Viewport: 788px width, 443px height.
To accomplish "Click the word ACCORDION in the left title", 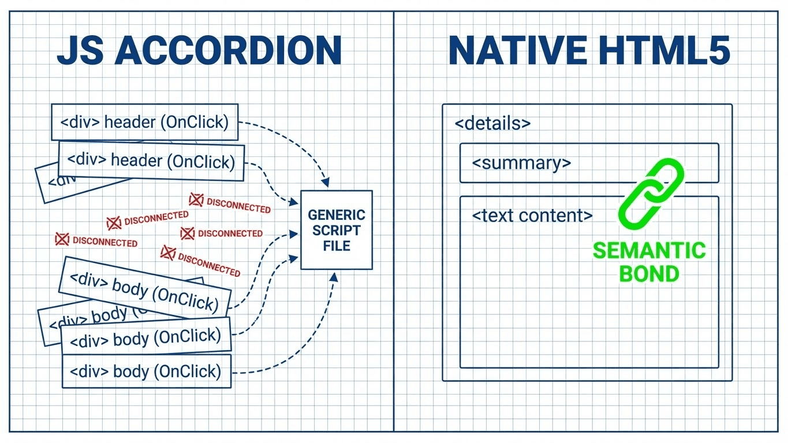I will (x=228, y=51).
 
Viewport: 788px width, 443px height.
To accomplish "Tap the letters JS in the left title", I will (x=80, y=51).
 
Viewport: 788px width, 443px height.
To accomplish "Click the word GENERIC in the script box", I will (x=337, y=215).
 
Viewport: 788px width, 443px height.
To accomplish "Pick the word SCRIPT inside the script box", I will (x=337, y=230).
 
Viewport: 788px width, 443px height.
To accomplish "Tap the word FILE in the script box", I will (x=337, y=245).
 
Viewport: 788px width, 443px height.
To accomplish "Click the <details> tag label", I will (x=492, y=123).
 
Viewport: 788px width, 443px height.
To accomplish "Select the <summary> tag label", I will (x=521, y=163).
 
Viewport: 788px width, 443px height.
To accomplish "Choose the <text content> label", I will (x=532, y=216).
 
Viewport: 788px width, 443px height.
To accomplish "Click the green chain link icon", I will (x=651, y=192).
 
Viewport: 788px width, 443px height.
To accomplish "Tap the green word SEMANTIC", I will (x=649, y=251).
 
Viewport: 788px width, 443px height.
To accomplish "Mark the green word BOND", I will (x=649, y=274).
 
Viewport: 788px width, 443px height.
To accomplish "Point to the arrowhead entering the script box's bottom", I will (x=333, y=277).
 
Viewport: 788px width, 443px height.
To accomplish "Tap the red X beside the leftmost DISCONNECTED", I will (x=61, y=239).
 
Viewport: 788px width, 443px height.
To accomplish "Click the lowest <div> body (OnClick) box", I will (x=146, y=371).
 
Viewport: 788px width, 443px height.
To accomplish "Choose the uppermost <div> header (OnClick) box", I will (x=144, y=122).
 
